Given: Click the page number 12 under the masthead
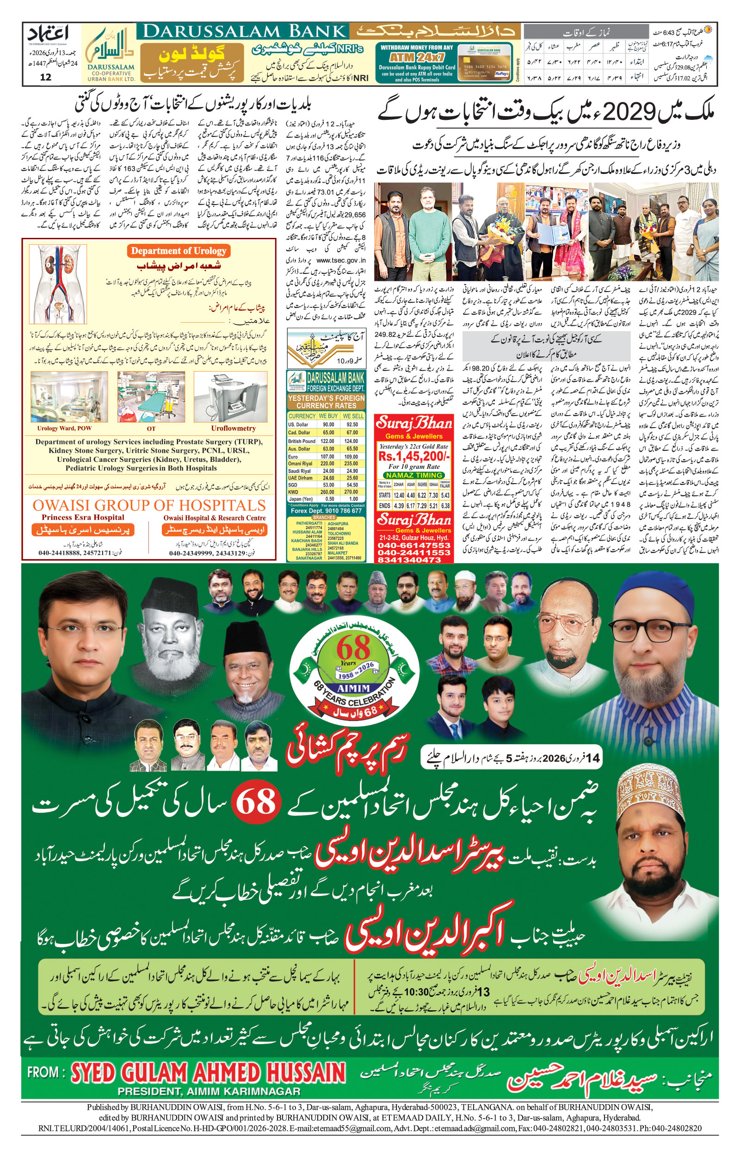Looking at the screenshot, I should [46, 77].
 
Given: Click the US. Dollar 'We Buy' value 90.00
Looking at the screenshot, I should [328, 424].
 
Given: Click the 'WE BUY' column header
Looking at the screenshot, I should [328, 416].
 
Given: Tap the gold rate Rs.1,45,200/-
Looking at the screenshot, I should [414, 456].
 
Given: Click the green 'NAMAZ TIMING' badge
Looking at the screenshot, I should [414, 475].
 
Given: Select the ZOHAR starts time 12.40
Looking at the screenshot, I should [398, 495].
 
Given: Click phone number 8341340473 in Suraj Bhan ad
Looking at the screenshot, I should [414, 560].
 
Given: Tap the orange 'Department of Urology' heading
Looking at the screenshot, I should [178, 251].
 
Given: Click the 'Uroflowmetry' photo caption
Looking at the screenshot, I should [233, 428].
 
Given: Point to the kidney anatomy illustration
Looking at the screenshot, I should [58, 284].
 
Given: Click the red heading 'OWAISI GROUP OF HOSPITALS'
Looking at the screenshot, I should [149, 505].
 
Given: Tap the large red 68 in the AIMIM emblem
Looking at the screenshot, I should [353, 648].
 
